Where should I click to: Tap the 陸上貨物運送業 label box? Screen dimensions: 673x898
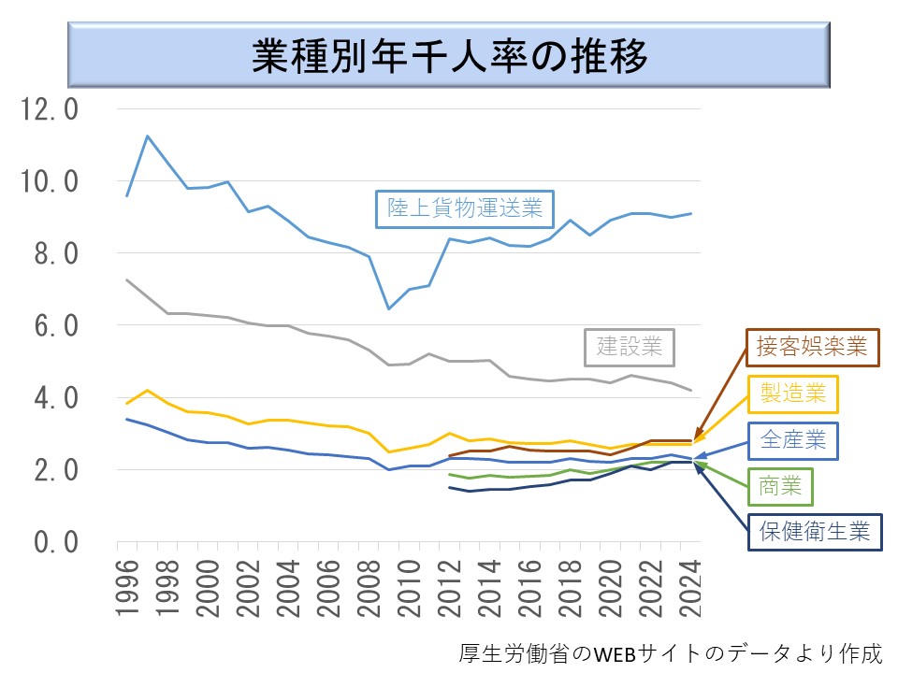[x=465, y=207]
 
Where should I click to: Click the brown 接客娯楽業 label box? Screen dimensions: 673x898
[x=812, y=348]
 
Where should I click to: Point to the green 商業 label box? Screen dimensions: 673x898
[x=780, y=486]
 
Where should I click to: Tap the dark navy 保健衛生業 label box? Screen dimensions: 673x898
[x=814, y=531]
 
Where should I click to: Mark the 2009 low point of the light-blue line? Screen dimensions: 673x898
[x=388, y=308]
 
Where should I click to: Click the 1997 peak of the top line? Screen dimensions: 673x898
[x=147, y=136]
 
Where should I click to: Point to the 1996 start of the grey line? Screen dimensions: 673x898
[x=126, y=279]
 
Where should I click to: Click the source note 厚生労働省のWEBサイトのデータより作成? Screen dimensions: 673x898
[x=671, y=652]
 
